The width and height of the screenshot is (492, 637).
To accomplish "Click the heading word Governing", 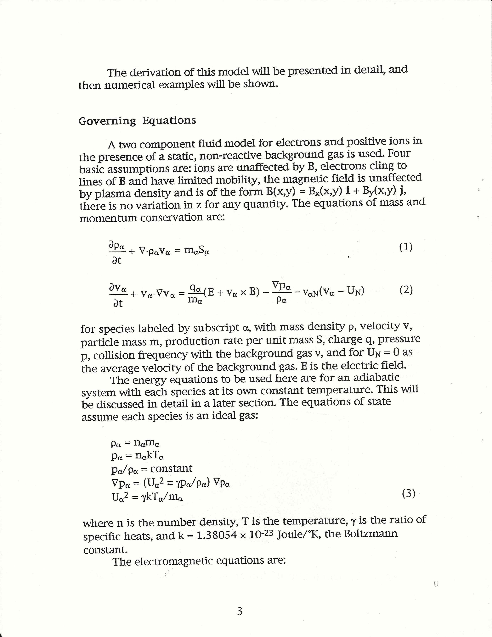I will [x=107, y=121].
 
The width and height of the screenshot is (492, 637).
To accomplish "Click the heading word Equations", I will [x=169, y=120].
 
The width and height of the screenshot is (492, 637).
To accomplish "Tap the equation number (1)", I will [x=406, y=247].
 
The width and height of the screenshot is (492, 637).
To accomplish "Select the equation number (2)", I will [x=406, y=290].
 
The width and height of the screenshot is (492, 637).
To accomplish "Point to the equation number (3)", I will [x=409, y=494].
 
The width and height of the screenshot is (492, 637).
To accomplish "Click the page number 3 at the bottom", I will [x=240, y=611].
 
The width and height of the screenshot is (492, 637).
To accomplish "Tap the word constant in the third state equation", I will [x=171, y=468].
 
